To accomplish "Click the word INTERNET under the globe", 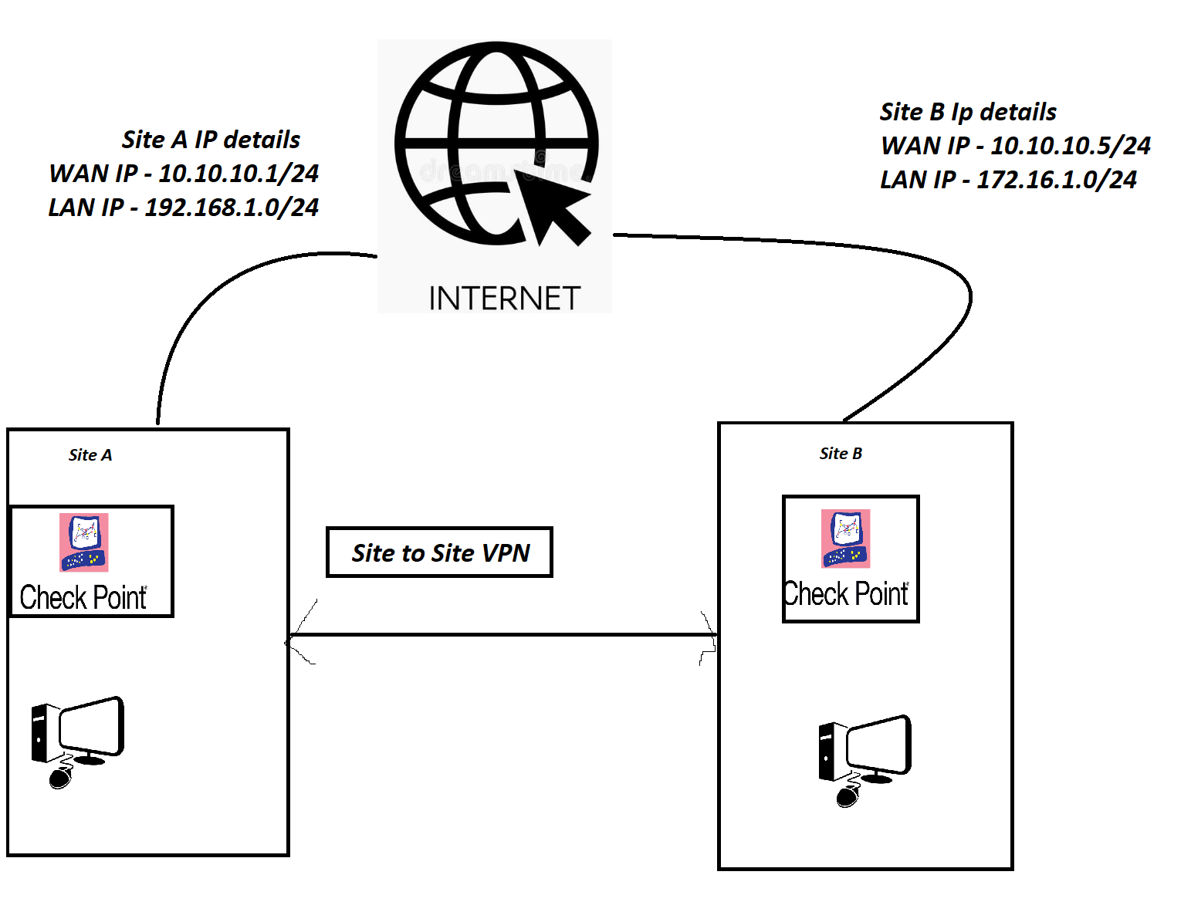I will click(504, 299).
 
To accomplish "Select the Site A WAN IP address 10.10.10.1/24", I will click(239, 174).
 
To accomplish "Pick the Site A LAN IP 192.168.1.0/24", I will click(232, 208).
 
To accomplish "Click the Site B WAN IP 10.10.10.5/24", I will click(1070, 146).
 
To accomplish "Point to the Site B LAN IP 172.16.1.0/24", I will click(1056, 180).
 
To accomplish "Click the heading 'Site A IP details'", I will click(211, 140).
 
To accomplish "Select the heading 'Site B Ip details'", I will click(968, 113).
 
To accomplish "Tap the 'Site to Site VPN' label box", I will click(440, 552).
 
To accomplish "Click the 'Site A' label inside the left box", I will click(90, 455).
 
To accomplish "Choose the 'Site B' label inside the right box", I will click(841, 454).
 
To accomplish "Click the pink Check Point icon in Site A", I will click(84, 542).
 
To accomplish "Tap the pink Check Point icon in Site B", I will click(846, 538).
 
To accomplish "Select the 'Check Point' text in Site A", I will click(83, 598).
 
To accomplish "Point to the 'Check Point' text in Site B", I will click(847, 594).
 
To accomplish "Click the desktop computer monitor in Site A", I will click(91, 728).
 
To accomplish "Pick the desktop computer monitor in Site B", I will click(878, 746).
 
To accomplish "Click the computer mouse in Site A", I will click(60, 779).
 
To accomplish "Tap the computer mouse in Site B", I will click(848, 797).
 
